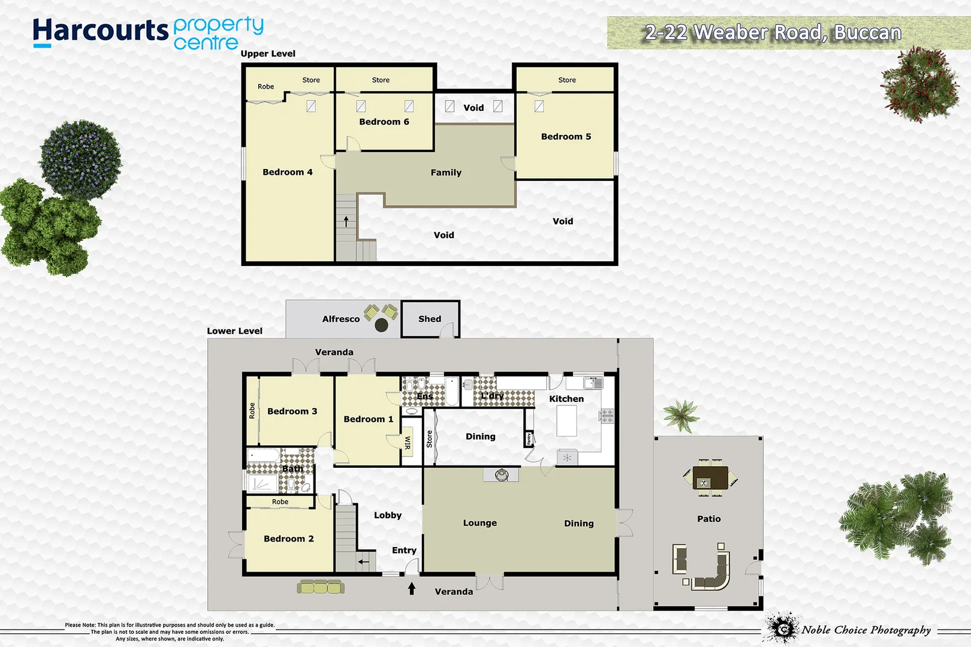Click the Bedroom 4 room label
[288, 172]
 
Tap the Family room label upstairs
[446, 173]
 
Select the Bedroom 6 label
[384, 122]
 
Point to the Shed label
[430, 319]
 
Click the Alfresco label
[341, 319]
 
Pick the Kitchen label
[566, 399]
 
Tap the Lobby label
[388, 515]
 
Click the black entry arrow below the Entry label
[412, 589]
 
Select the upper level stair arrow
[346, 222]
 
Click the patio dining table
[710, 478]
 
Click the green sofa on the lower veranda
[321, 586]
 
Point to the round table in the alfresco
[382, 325]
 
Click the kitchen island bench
[566, 421]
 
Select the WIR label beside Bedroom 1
[408, 443]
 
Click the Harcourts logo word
[101, 31]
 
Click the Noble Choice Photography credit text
[866, 630]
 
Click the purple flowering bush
[80, 160]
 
